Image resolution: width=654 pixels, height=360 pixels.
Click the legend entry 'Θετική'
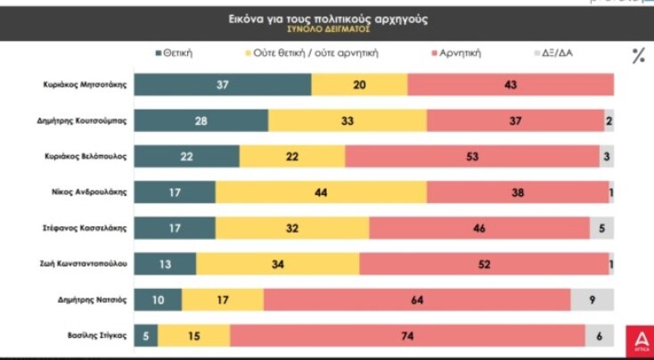click(173, 53)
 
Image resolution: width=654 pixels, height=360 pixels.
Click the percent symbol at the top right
click(638, 56)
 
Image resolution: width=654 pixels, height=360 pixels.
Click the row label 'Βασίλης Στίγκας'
click(98, 336)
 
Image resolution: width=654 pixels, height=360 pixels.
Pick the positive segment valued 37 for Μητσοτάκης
click(223, 85)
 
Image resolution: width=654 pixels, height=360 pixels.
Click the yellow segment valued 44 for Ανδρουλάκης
click(322, 192)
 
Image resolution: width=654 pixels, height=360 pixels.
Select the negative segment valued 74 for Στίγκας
click(407, 336)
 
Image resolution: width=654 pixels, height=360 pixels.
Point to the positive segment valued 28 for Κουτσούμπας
click(202, 120)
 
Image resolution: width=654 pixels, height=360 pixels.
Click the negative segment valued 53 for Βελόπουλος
click(472, 156)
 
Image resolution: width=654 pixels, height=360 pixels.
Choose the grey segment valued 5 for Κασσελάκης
click(602, 228)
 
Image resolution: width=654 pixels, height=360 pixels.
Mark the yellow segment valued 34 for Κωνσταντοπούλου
click(278, 264)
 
